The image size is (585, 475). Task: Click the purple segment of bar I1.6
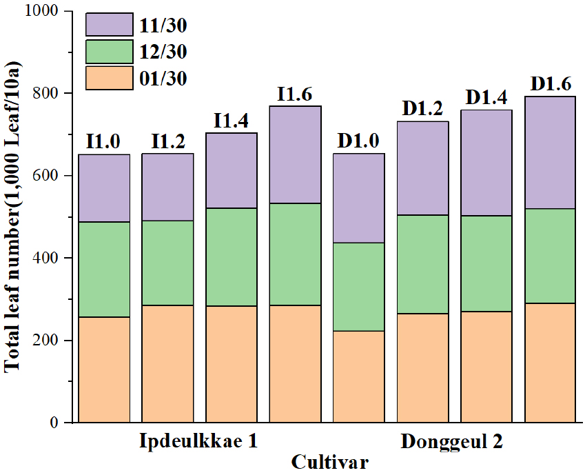coord(295,154)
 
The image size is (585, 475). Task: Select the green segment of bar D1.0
coord(359,287)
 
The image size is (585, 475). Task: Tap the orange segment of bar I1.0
coord(104,370)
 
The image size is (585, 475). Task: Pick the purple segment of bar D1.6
coord(550,152)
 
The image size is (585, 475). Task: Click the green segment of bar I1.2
coord(167,263)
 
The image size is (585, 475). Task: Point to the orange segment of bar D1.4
coord(486,367)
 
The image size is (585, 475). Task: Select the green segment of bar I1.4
coord(232,257)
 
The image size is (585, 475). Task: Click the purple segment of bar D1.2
coord(422,168)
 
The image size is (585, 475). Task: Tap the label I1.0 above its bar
coord(104,142)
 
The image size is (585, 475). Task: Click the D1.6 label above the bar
coord(550,84)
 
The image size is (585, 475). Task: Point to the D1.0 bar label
coord(359,141)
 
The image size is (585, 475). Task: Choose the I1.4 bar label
coord(232,121)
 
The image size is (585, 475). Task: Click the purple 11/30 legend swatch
coord(109,26)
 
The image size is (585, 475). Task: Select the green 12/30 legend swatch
coord(109,52)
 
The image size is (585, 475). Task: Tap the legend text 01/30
coord(163,79)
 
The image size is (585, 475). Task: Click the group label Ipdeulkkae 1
coord(199,441)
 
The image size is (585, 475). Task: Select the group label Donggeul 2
coord(451,441)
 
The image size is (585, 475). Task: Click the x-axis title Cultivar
coord(329,461)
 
